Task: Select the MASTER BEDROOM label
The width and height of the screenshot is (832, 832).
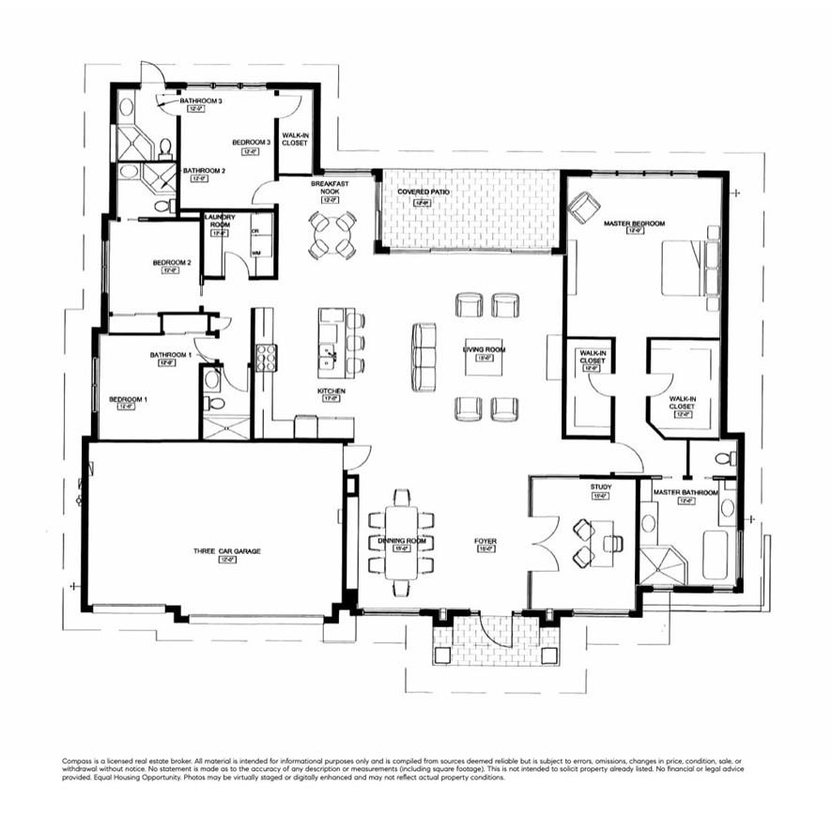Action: (x=634, y=223)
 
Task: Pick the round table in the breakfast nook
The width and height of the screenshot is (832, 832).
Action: (x=333, y=235)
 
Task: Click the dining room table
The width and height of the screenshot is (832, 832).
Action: (x=402, y=544)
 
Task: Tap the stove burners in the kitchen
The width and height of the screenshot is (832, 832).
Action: (x=266, y=358)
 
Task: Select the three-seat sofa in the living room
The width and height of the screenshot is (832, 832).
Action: (x=424, y=357)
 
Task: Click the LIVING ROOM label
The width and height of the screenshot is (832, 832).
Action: (x=484, y=350)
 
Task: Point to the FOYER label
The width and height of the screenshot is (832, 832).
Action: (x=485, y=542)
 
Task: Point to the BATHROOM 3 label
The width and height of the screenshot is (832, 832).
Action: (x=201, y=100)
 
